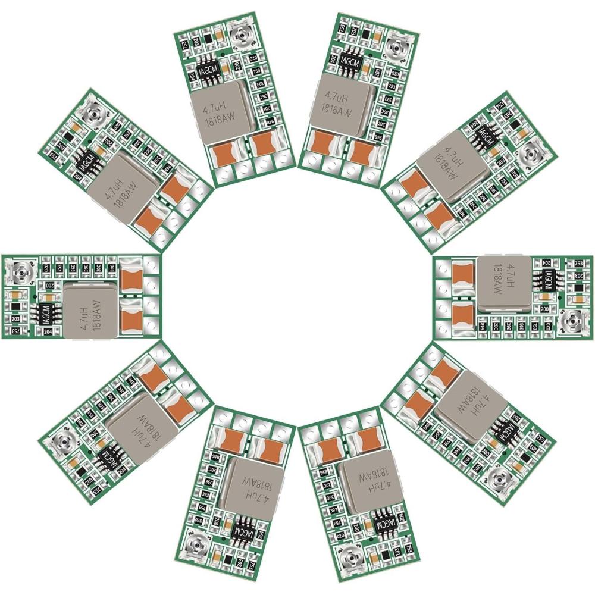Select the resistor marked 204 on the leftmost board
coord(49,332)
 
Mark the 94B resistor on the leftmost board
coord(112,267)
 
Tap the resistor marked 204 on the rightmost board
coord(546,262)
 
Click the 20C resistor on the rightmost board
coord(496,325)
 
